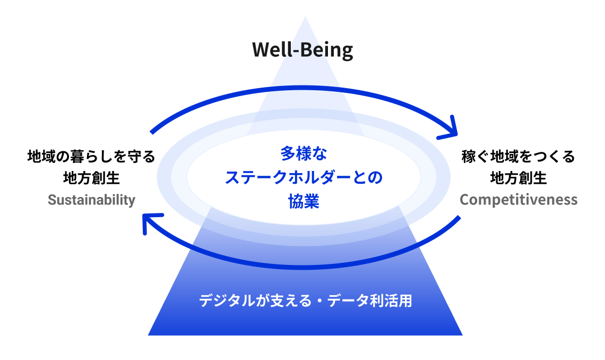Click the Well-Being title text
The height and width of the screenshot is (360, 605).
pos(302,50)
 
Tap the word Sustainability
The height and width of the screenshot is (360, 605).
pos(91,200)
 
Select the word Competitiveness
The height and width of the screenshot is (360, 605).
pos(518,200)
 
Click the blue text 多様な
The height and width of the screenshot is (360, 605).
pos(304,155)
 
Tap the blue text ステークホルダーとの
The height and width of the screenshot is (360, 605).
pos(304,177)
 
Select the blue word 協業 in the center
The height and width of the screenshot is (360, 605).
pos(304,201)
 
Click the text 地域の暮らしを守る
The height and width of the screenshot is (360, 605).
pos(91,157)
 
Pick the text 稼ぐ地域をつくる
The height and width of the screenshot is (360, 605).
pos(518,157)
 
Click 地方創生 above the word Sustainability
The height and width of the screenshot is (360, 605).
pos(91,178)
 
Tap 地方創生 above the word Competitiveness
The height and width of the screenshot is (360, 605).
pos(518,178)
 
